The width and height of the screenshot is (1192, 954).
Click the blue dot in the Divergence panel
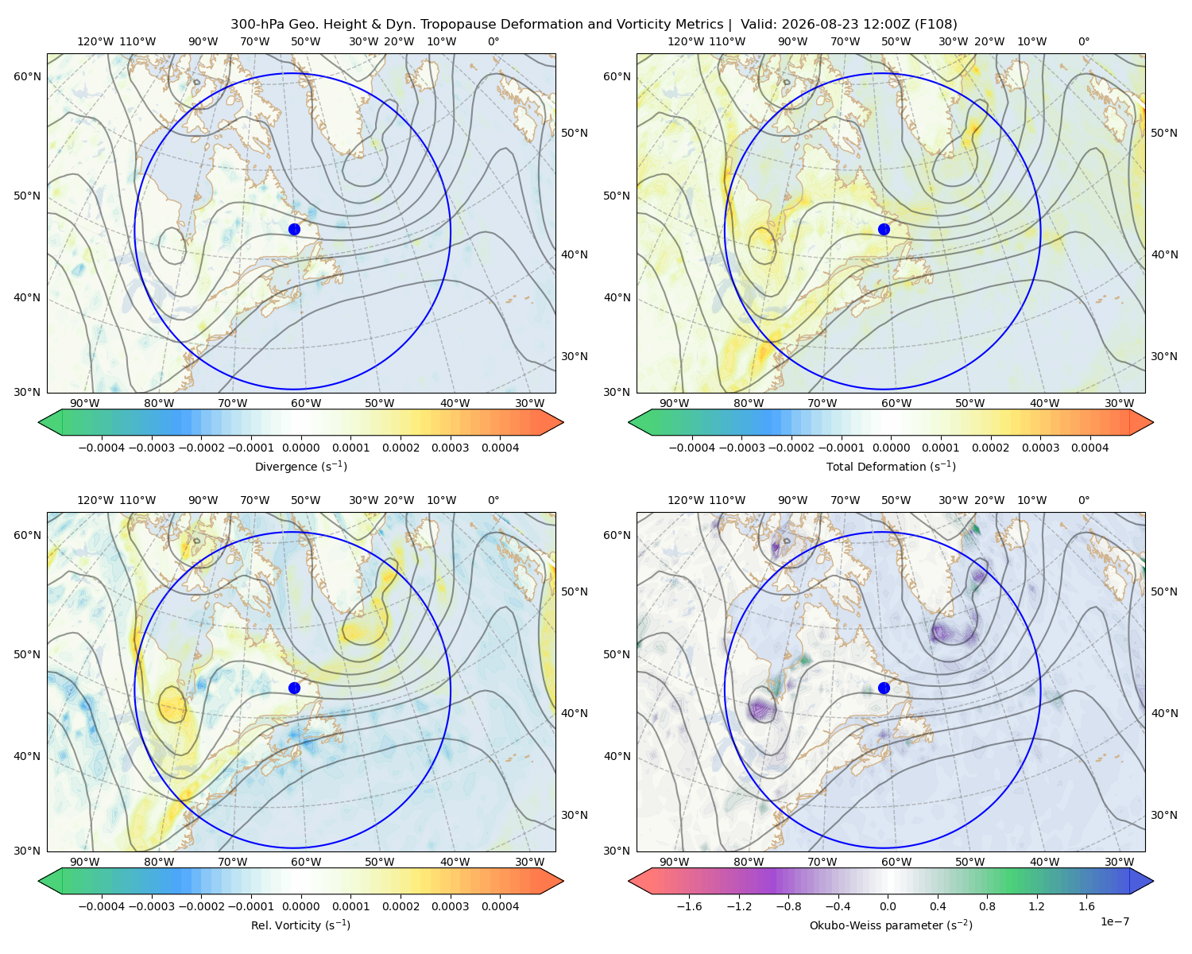coord(294,229)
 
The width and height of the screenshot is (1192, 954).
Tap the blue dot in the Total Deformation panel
coord(884,229)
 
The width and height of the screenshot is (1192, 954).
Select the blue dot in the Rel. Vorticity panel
coord(294,688)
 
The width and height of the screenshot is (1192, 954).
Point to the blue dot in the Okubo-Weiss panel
coord(884,688)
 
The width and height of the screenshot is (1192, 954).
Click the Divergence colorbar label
coord(300,466)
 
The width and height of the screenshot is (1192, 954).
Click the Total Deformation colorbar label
coord(891,466)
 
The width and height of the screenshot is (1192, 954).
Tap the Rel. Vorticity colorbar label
coord(300,925)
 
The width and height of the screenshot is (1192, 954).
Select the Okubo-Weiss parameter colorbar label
coord(891,925)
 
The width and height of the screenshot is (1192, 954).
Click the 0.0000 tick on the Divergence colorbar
coord(300,448)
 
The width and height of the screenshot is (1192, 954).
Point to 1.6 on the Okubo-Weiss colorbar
coord(1086,906)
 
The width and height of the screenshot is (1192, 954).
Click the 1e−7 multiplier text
coord(1114,921)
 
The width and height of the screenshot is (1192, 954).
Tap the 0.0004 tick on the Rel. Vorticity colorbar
coord(500,906)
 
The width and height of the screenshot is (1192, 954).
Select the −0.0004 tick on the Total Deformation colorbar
coord(692,448)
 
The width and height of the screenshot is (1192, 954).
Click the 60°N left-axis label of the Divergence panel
coord(27,76)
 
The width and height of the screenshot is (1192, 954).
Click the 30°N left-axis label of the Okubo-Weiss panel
coord(617,851)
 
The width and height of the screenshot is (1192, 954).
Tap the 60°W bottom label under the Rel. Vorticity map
coord(306,862)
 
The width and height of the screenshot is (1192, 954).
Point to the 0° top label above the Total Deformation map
coord(1083,41)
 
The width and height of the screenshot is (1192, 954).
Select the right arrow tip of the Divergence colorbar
coord(563,422)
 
